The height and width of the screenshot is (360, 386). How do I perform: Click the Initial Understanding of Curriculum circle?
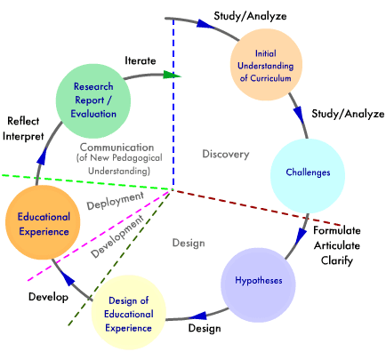click(x=266, y=65)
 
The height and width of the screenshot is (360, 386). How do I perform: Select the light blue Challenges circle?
click(x=308, y=176)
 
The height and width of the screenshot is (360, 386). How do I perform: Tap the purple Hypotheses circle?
click(x=258, y=285)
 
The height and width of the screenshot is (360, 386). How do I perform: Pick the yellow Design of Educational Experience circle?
click(x=128, y=312)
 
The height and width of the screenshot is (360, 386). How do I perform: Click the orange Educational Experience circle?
click(x=43, y=222)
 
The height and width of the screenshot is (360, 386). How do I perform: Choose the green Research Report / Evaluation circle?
click(x=93, y=101)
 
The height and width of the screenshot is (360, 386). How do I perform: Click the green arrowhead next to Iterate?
click(x=172, y=75)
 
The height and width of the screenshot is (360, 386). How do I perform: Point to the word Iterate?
click(x=141, y=60)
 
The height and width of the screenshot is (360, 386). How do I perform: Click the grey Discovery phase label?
click(x=226, y=154)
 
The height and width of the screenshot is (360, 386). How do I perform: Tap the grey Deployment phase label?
click(x=116, y=201)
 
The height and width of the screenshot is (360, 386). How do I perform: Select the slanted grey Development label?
click(x=117, y=236)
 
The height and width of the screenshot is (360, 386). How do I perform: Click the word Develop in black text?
click(x=48, y=297)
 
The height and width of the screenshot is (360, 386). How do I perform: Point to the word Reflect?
click(x=23, y=121)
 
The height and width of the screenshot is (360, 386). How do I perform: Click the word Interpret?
click(x=23, y=137)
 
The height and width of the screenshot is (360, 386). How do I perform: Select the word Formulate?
click(x=337, y=230)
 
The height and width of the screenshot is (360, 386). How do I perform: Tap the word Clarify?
click(x=337, y=260)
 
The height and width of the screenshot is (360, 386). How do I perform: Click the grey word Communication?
click(x=117, y=148)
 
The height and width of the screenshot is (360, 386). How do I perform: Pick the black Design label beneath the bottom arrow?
click(x=205, y=328)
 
